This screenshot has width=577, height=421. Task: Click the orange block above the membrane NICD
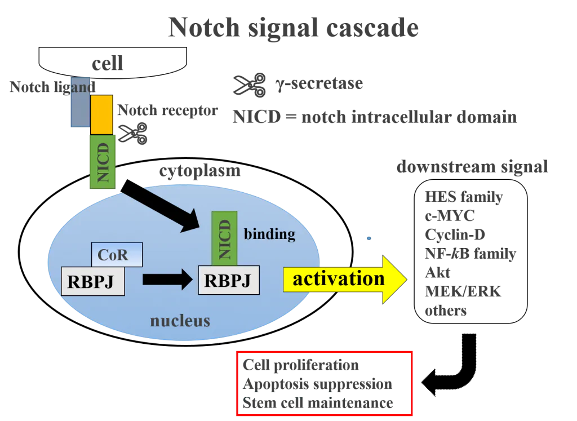(x=101, y=115)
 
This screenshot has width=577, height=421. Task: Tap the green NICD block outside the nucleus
(x=103, y=162)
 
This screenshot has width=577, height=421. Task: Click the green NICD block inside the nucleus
(x=224, y=238)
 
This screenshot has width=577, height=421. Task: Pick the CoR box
(x=117, y=255)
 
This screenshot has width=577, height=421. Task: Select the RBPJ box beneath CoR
(x=92, y=281)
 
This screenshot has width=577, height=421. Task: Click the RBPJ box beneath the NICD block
(x=228, y=280)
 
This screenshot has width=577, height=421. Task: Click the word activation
(x=339, y=279)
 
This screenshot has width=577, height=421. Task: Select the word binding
(x=269, y=234)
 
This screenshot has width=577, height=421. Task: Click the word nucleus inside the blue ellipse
(x=180, y=321)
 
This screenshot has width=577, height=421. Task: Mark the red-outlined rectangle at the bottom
(x=324, y=383)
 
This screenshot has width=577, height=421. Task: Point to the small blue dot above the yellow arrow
(x=369, y=239)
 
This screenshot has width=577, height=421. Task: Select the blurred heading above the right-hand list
(x=473, y=168)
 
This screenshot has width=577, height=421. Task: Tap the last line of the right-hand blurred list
(x=446, y=313)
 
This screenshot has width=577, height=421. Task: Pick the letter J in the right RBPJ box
(x=246, y=281)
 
